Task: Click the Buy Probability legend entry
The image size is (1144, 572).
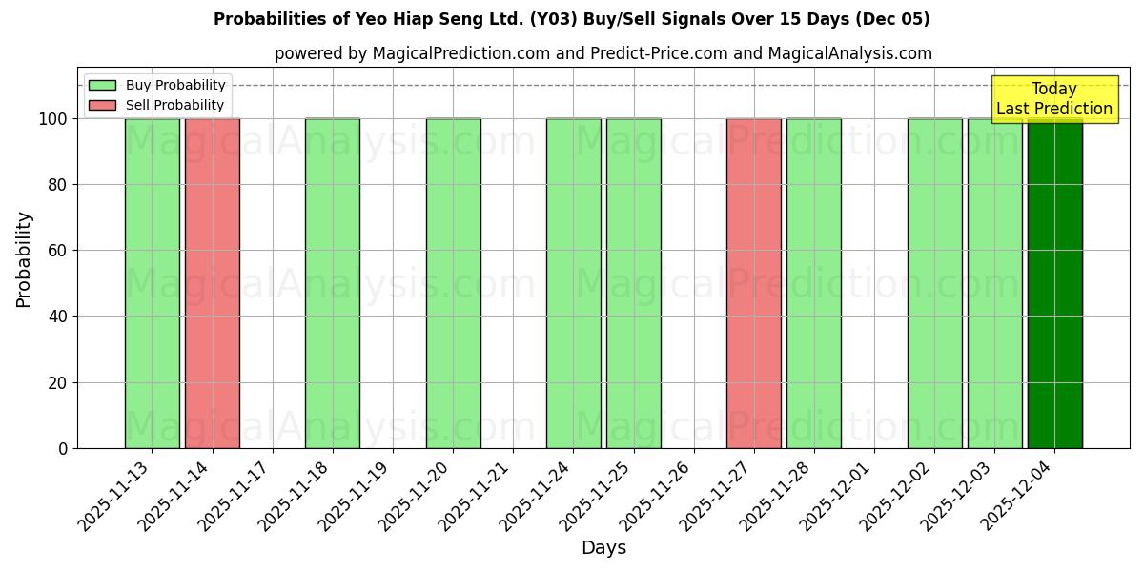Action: pos(157,85)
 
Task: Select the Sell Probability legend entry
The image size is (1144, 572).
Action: pos(157,105)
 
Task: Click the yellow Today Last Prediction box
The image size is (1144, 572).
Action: pos(1053,99)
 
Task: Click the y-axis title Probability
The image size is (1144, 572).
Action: pos(24,258)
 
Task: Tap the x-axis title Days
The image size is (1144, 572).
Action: pos(603,548)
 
